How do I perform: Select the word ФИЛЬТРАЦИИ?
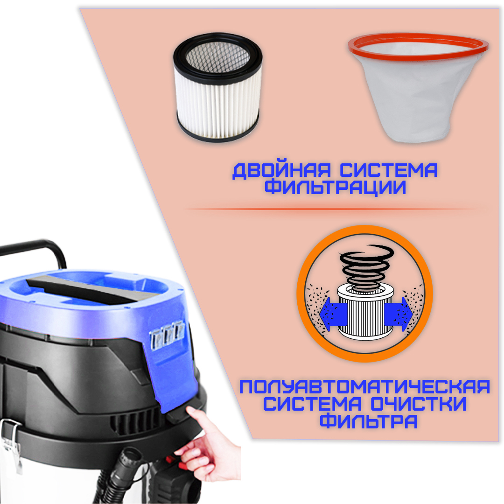[335, 188]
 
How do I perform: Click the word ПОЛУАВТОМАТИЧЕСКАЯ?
[364, 387]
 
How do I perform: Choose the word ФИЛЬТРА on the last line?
[369, 421]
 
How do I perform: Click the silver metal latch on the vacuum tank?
[12, 443]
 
